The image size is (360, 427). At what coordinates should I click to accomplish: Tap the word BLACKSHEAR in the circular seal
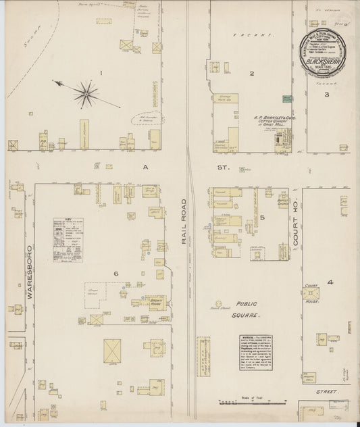coord(327,59)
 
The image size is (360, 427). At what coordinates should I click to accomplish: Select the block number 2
coord(251,74)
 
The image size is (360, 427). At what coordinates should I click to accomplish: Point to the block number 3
coord(326,94)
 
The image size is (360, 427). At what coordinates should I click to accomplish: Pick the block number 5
coord(262,217)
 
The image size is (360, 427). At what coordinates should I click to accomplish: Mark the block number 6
coord(115,272)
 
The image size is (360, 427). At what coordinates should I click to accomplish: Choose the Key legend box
coord(68,239)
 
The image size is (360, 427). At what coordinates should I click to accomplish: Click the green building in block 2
coord(287,99)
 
